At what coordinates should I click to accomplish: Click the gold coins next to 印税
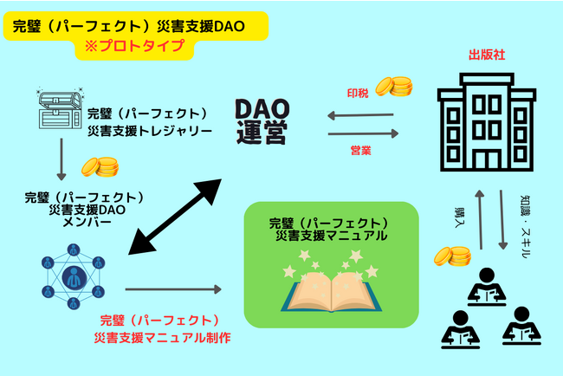pyautogui.click(x=399, y=87)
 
